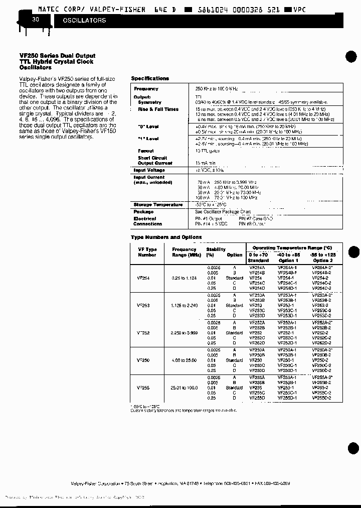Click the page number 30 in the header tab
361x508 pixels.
point(35,20)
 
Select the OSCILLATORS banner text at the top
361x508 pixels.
point(84,21)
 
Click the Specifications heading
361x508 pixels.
point(150,78)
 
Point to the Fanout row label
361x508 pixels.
point(146,151)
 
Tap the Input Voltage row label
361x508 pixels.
point(149,170)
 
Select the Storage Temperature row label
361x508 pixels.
point(158,205)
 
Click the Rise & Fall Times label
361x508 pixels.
point(158,109)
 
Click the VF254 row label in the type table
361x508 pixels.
point(143,278)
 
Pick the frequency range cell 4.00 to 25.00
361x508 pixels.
point(184,360)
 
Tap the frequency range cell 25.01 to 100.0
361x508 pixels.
point(184,388)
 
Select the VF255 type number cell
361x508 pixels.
point(143,388)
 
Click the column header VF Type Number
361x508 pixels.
point(147,252)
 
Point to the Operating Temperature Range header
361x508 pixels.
point(292,248)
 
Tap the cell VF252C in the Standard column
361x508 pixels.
point(257,338)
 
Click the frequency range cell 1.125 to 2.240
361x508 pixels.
point(184,305)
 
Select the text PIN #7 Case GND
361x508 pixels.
point(256,218)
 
